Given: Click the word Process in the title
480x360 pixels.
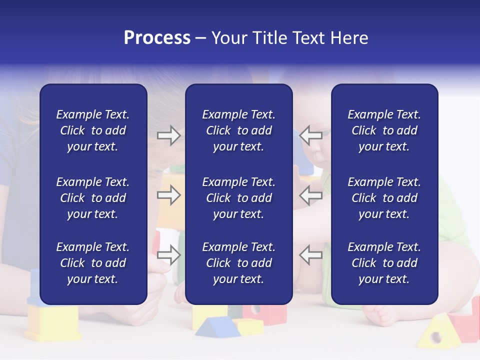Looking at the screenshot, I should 157,37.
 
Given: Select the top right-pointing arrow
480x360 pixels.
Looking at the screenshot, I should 168,135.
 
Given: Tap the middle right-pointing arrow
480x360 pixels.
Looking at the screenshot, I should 168,195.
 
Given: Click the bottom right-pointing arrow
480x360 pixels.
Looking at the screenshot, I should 168,255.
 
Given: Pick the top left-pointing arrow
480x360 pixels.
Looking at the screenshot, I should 310,135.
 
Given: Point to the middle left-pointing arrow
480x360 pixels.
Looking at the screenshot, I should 310,195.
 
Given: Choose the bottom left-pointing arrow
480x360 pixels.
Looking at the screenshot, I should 310,255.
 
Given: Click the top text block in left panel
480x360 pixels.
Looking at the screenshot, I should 93,130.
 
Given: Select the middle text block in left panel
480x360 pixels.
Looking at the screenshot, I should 93,198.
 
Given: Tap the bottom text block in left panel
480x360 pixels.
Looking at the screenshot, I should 93,263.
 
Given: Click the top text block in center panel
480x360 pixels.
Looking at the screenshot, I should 238,130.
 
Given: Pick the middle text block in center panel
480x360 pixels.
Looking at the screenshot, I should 238,198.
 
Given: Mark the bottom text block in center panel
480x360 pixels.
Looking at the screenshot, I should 238,263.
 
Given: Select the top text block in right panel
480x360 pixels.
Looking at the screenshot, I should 384,130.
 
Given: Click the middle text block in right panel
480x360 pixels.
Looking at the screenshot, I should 384,198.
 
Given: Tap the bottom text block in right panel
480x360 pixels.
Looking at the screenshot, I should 384,263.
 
